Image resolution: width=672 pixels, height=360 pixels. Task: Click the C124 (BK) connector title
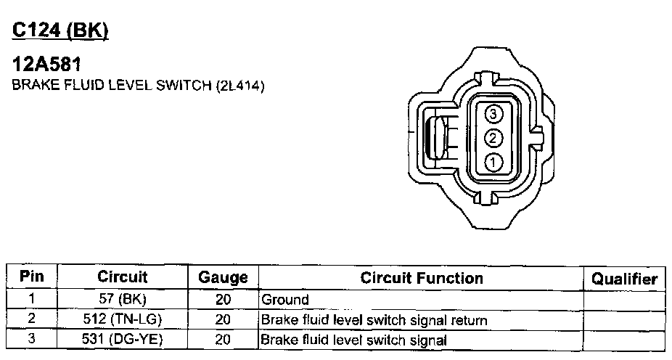click(61, 30)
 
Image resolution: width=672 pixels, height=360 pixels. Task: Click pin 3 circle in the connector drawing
click(493, 114)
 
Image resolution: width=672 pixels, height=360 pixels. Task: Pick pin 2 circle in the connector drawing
click(493, 138)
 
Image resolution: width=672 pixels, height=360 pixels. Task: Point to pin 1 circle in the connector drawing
click(493, 162)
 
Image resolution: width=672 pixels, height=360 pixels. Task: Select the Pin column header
click(31, 277)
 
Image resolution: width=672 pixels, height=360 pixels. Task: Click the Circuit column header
click(122, 277)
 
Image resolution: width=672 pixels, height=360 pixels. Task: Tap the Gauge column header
click(223, 277)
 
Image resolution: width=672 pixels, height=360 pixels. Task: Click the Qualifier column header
click(624, 278)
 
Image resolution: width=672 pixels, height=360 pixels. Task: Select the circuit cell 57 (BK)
click(122, 299)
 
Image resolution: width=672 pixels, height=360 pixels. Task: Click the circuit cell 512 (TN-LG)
click(122, 319)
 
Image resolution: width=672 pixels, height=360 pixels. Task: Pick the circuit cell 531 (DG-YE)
click(122, 339)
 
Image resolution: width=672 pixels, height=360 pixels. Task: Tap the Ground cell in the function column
click(285, 299)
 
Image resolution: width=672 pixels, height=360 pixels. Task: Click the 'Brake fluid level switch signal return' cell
click(373, 319)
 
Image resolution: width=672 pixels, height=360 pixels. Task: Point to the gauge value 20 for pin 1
click(223, 299)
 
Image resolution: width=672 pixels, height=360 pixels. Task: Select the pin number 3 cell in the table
click(31, 339)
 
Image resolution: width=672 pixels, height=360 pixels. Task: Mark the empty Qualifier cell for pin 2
click(624, 319)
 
